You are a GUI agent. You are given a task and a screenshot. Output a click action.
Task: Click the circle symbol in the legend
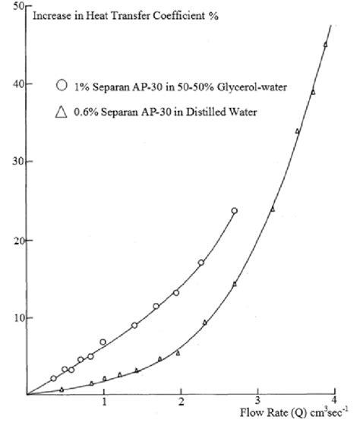click(x=61, y=85)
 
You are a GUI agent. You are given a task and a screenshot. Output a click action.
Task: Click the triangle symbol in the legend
click(x=61, y=113)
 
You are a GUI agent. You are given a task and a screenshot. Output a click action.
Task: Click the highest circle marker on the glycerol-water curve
click(x=234, y=210)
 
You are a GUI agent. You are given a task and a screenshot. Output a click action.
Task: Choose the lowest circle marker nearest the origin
click(x=53, y=378)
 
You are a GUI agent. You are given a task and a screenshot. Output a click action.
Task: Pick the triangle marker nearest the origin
click(x=62, y=389)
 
